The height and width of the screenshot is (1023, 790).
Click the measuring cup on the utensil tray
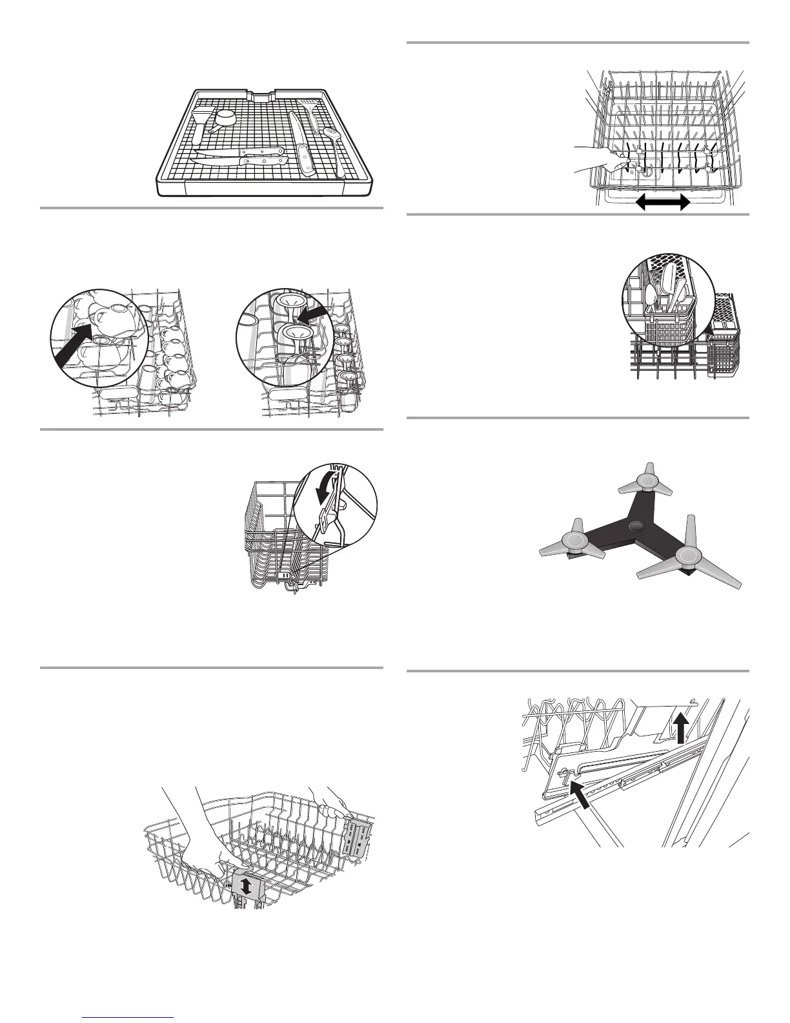pos(226,117)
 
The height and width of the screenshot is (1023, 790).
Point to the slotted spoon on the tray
pos(333,136)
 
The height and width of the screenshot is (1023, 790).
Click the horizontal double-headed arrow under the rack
pos(663,203)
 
